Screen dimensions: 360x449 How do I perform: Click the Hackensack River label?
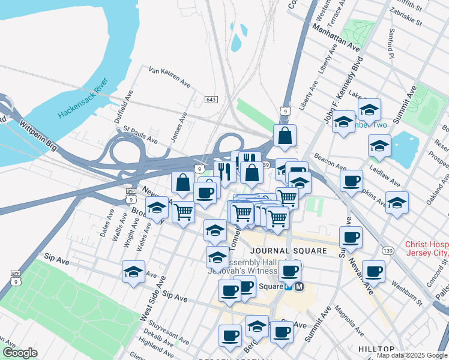pos(83,98)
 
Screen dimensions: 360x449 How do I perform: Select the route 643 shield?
pos(210,99)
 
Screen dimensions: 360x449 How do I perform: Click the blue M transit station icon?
pos(299,287)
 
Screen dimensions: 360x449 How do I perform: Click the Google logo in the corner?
pos(19,353)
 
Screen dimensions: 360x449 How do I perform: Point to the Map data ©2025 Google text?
pos(412,355)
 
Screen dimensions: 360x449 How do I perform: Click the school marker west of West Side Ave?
pos(133,271)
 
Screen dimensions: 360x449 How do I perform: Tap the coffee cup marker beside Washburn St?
pos(373,271)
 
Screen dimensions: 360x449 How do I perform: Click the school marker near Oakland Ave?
pos(397,202)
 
